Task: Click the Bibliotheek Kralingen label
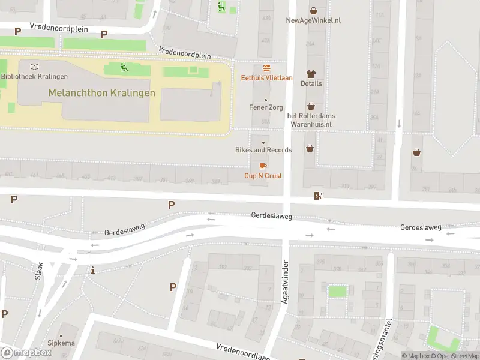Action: click(x=34, y=76)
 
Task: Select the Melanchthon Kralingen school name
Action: click(x=101, y=93)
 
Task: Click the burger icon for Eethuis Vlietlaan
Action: click(x=266, y=68)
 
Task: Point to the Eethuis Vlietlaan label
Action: click(x=266, y=77)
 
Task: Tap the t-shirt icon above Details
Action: click(x=311, y=74)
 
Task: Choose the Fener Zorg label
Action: click(x=266, y=107)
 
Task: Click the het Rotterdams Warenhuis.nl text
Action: click(x=311, y=119)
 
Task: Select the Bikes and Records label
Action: click(x=263, y=150)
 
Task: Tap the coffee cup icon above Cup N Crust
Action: click(x=263, y=166)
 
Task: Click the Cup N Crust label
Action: click(x=263, y=175)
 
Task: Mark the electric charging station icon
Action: click(x=317, y=196)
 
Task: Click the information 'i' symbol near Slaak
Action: click(x=92, y=271)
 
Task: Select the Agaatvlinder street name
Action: click(x=286, y=281)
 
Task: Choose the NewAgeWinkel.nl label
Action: click(x=313, y=20)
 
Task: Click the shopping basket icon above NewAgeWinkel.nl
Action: click(x=313, y=10)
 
